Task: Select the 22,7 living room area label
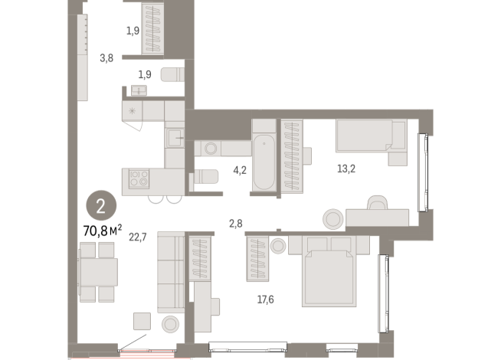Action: click(x=139, y=237)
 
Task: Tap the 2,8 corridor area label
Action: click(x=235, y=223)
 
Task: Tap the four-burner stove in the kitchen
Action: click(x=139, y=179)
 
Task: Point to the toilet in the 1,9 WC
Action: click(x=173, y=74)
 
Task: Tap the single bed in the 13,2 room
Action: click(x=369, y=137)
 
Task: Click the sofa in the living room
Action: click(x=170, y=273)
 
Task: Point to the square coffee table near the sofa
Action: click(x=142, y=321)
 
